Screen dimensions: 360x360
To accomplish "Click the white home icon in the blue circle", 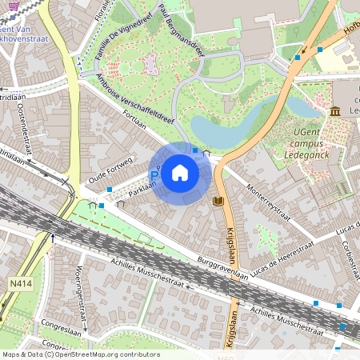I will point(180,173).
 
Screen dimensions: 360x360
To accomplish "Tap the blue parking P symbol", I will point(154,175).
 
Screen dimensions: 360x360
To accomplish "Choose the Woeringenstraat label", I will point(80,290).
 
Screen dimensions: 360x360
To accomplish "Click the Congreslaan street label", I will point(64,326).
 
